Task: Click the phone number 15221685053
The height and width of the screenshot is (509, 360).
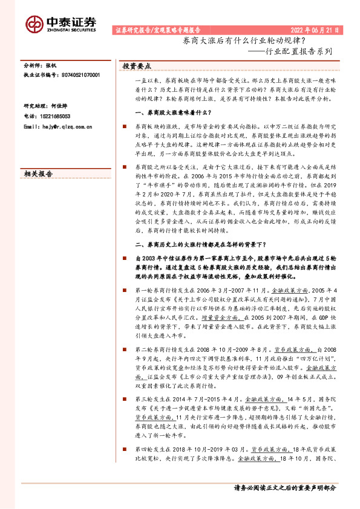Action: coord(53,99)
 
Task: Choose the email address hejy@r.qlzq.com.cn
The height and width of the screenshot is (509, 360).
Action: coord(62,109)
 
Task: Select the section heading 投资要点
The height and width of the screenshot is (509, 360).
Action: coord(137,65)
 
